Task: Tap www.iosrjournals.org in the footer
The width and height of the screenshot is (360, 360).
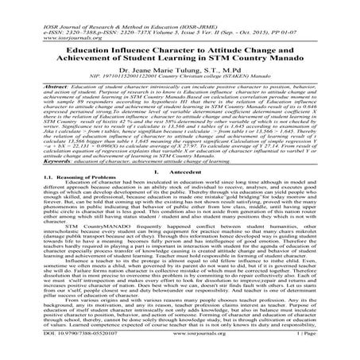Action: [180, 356]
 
